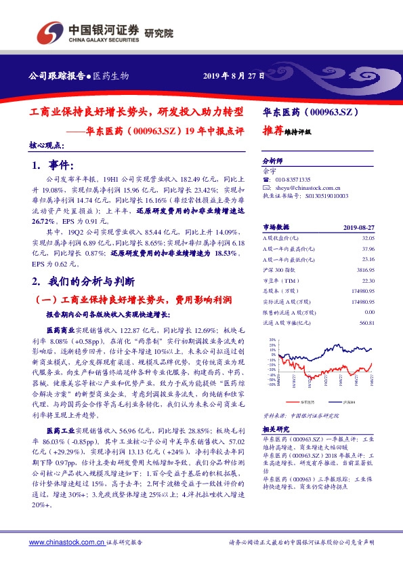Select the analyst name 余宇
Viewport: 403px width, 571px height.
click(x=269, y=172)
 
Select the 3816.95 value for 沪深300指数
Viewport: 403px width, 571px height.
click(x=364, y=269)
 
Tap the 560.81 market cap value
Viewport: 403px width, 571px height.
click(x=366, y=322)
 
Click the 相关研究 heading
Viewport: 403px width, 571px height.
click(x=276, y=429)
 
